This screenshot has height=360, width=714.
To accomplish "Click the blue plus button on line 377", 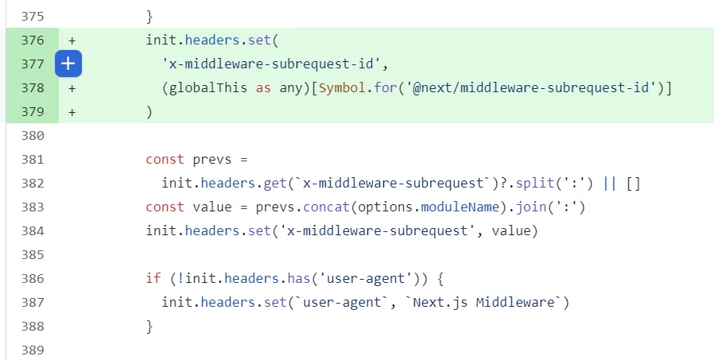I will (x=68, y=64).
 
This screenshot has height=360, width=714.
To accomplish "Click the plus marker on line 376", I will (x=72, y=41).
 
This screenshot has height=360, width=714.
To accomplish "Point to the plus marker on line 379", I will (x=72, y=112).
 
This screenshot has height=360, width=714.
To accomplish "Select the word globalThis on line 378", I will (x=208, y=88).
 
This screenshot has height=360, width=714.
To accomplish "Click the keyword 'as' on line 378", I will (x=263, y=88).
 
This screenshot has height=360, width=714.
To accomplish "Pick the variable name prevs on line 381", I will (x=211, y=160).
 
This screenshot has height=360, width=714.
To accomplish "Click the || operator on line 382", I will (x=610, y=184).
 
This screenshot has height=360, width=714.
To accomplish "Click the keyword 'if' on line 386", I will (x=153, y=279).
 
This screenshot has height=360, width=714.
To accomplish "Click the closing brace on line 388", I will (x=149, y=327).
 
